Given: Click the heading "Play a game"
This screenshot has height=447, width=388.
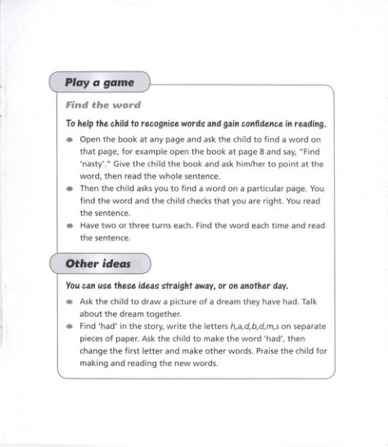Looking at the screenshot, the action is point(101,83).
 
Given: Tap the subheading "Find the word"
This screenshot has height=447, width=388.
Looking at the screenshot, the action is point(103,105).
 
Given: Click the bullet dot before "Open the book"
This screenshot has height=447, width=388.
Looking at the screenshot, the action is point(70,140).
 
